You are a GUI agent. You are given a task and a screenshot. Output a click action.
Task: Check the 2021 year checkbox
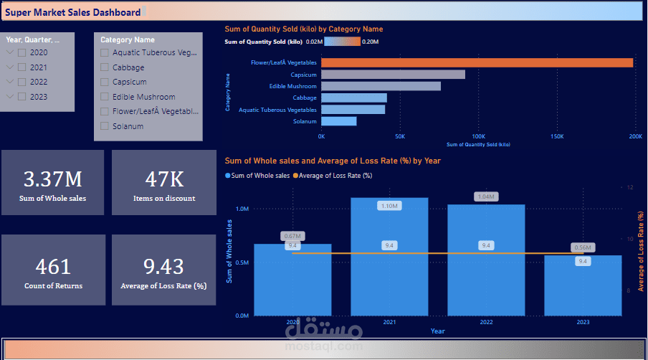22,67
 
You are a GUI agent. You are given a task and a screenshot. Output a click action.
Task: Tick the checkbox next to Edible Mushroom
105,97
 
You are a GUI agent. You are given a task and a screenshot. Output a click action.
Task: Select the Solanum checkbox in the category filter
105,126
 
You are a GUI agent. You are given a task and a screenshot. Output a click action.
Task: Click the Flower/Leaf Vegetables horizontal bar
477,63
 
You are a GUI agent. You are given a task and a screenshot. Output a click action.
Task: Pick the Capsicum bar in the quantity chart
393,75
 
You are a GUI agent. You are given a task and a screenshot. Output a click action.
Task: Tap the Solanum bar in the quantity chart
338,121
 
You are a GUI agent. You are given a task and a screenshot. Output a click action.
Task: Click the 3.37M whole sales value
52,179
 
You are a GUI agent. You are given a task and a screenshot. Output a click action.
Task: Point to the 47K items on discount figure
163,179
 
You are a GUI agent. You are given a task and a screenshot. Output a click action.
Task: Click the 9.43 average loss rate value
163,267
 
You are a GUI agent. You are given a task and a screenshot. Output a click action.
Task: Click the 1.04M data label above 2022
486,196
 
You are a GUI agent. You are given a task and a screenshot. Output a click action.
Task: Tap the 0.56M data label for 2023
583,247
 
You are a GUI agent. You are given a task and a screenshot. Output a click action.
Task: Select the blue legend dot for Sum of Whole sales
228,176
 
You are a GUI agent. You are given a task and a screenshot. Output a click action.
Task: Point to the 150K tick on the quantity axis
557,136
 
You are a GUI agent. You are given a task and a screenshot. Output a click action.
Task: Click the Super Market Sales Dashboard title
72,12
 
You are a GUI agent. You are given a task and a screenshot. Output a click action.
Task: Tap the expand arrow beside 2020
9,53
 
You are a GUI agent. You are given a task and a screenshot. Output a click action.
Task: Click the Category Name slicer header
127,40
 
